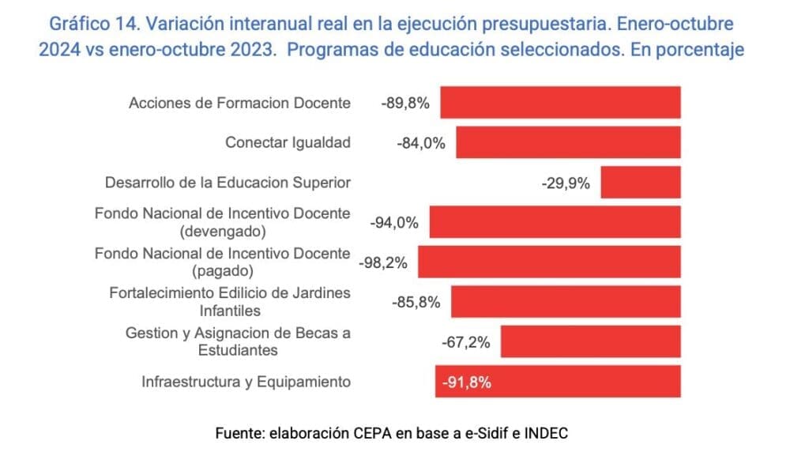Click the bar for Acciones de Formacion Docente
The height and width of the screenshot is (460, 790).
coord(560,103)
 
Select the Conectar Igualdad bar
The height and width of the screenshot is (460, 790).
coord(568,143)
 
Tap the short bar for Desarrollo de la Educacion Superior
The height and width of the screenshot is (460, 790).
coord(640,183)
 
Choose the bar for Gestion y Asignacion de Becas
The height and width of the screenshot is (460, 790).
coord(590,342)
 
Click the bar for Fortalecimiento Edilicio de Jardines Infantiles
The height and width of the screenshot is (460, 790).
coord(566,302)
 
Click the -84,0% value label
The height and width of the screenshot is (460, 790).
coord(421,144)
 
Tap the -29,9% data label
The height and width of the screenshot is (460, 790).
coord(566,183)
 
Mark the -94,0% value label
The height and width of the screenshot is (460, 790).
coord(393,224)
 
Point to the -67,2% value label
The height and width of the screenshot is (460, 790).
coord(466,342)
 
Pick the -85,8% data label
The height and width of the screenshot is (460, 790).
coord(416,303)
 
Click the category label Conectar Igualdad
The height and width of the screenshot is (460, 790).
coord(288,143)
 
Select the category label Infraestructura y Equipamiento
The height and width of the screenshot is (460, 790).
coord(246,382)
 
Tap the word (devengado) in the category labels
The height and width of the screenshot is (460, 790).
coord(222,232)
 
